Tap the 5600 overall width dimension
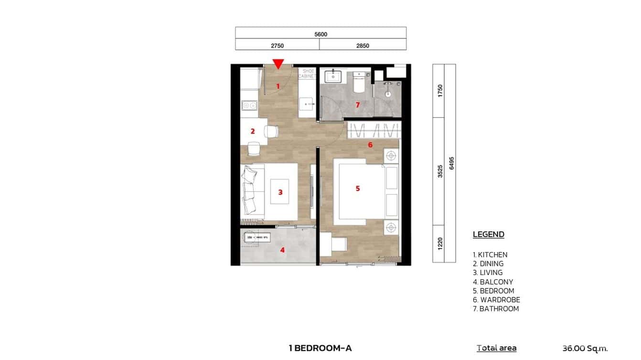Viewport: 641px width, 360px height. tap(320, 34)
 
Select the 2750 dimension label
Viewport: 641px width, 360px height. tap(277, 46)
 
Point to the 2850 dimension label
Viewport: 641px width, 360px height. tap(363, 46)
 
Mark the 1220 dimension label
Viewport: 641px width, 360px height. tap(439, 244)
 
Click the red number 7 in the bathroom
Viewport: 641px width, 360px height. tap(357, 105)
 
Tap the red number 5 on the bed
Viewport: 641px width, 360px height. tap(358, 189)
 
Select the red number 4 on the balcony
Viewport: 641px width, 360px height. tap(282, 249)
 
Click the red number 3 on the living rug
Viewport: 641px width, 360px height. tap(280, 192)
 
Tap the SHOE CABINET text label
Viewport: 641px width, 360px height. tap(307, 74)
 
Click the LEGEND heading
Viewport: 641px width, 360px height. tap(488, 234)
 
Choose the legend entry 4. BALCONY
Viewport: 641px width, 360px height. tap(492, 282)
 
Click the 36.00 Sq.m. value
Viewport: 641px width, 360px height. tap(585, 349)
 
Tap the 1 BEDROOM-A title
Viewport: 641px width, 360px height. tap(320, 348)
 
